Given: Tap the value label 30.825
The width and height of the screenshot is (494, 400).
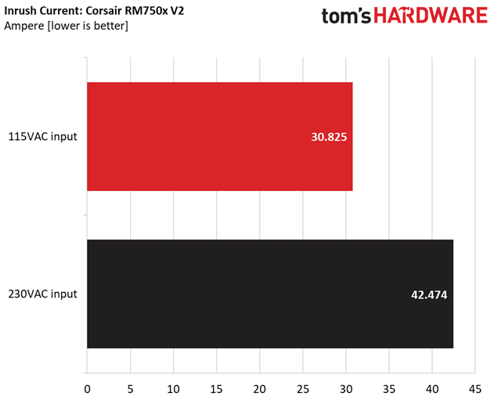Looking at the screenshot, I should point(329,137).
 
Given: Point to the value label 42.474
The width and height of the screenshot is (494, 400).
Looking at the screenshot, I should point(429,294).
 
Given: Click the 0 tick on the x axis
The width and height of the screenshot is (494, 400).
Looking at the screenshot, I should point(87,387).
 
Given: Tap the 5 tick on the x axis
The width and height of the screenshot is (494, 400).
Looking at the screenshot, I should point(130,387).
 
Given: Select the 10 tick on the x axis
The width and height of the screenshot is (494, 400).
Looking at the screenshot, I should point(173,387).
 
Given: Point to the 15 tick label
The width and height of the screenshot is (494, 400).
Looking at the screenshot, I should point(216,387).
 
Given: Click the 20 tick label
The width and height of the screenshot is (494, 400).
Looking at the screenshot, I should point(259,387).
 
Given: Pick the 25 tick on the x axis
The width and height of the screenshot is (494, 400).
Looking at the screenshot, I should point(302,387).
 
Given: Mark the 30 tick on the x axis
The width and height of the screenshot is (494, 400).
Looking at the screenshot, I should point(345,387).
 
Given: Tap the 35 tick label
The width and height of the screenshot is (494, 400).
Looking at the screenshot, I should point(388,387).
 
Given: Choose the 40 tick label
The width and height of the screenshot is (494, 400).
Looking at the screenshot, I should point(431,387).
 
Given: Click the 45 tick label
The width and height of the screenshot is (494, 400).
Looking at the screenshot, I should point(474,387).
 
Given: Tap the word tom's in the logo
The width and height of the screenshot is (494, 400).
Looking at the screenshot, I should point(344,17).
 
